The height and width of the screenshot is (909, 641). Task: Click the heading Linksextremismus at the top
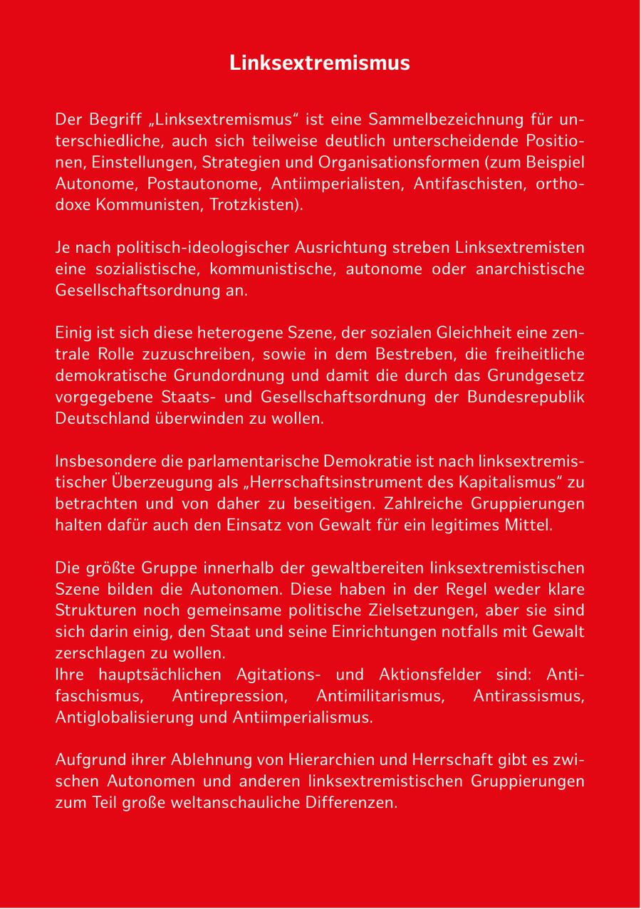coord(320,63)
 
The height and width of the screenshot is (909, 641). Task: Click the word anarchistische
coord(528,270)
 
